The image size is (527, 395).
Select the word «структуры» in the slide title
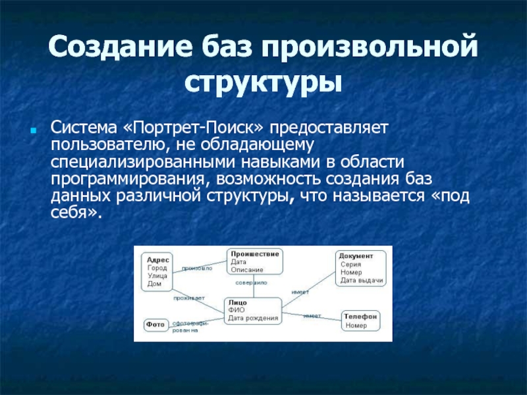263,83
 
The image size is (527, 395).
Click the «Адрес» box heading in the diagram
159,259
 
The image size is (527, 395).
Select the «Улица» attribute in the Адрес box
157,276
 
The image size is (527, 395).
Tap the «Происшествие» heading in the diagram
255,253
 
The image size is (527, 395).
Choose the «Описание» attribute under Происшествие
247,269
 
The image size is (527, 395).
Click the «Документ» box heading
356,255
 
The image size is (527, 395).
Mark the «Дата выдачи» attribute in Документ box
361,280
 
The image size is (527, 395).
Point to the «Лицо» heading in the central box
238,302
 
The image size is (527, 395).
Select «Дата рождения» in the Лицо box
253,319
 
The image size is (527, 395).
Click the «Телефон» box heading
361,316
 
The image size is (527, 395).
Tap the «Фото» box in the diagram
155,325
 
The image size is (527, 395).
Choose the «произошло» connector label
197,269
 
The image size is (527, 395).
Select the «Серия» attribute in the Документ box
350,264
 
